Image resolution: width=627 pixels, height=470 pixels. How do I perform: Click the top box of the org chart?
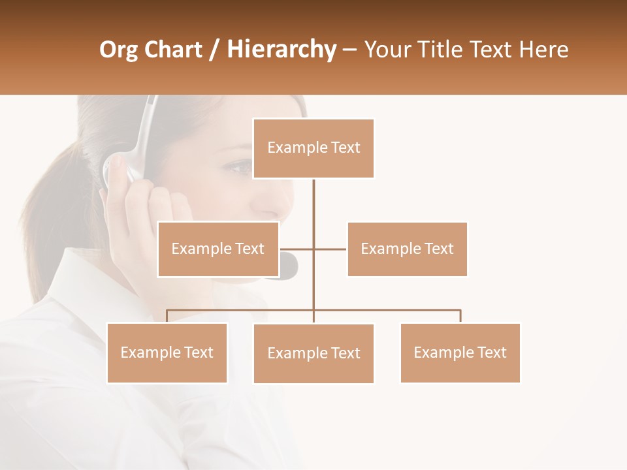[x=313, y=148]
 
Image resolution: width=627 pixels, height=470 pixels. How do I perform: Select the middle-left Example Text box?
[x=218, y=249]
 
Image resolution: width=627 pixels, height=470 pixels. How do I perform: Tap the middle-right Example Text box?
[x=407, y=249]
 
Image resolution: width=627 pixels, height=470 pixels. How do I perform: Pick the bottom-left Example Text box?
[x=167, y=352]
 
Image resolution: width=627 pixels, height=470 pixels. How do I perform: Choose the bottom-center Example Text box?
[x=313, y=353]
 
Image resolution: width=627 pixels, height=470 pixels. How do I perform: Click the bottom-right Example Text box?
[x=460, y=352]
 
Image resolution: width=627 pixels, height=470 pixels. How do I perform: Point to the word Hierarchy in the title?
[x=281, y=50]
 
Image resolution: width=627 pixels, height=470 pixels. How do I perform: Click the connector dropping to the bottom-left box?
[x=167, y=316]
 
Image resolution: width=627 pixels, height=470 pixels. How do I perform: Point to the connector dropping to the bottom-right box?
[x=460, y=316]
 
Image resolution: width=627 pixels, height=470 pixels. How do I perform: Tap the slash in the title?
[x=214, y=50]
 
